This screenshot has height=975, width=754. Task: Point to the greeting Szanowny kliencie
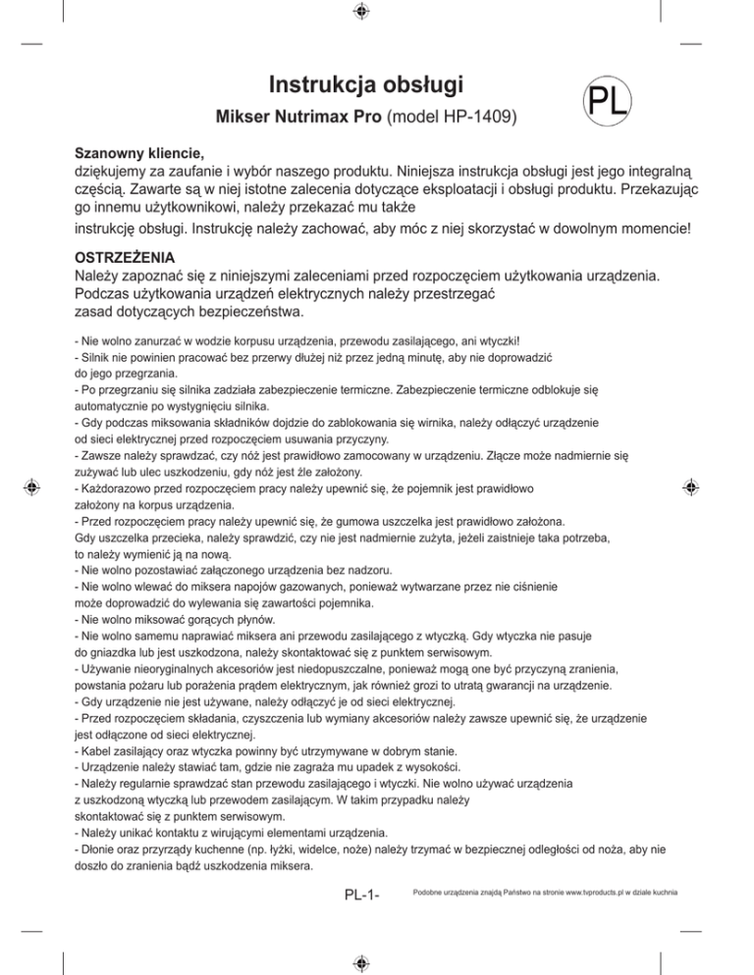point(140,155)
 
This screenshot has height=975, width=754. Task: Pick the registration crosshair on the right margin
point(691,486)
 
